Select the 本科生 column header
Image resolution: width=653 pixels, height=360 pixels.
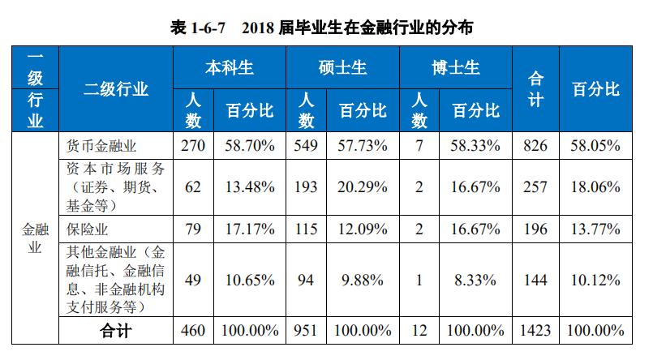coord(230,67)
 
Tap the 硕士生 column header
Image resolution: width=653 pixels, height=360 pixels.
coord(343,67)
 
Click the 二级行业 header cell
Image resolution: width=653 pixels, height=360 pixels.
coord(117,89)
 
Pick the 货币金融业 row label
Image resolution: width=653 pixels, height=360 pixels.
coord(101,147)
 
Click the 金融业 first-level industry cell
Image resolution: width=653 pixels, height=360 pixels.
coord(35,238)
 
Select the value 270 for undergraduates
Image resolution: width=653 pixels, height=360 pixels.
coord(195,147)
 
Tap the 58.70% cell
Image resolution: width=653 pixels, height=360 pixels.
coord(247,147)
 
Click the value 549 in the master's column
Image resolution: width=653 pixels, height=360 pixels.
coord(307,147)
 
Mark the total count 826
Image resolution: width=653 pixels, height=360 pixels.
coord(535,147)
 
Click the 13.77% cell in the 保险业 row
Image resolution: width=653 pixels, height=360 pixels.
coord(595,227)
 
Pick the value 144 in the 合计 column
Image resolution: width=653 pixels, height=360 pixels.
coord(535,281)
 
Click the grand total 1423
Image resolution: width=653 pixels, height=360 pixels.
coord(535,331)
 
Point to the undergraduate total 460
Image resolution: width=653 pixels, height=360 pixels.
coord(195,331)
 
